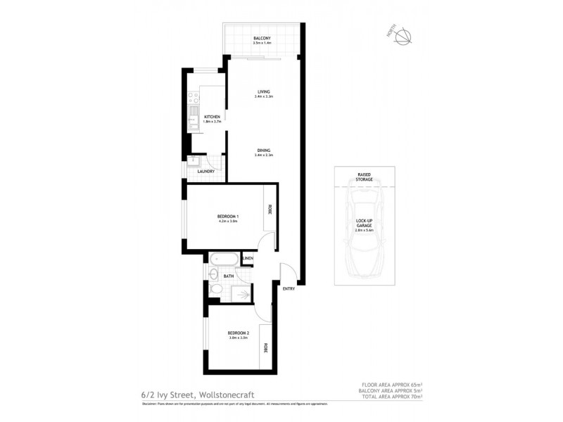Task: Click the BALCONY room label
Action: coord(262,38)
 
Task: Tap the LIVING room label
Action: coord(263,92)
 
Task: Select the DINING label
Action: coord(263,150)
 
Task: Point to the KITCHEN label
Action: coord(212,117)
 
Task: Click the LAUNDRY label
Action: coord(205,171)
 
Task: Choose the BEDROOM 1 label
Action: coord(228,216)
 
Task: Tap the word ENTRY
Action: coord(289,289)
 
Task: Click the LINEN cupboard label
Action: coord(247,260)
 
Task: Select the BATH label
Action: coord(229,276)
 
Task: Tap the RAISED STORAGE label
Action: coord(364,177)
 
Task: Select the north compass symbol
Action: coord(403,37)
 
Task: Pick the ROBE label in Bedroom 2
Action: coord(266,347)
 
